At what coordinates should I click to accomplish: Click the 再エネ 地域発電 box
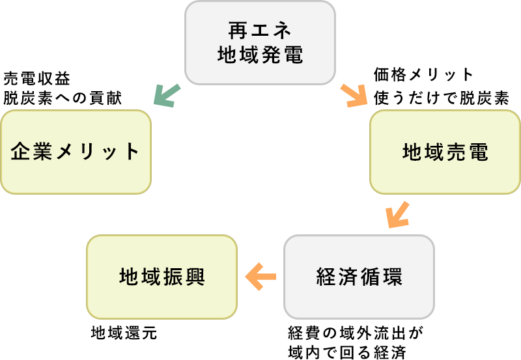point(260,42)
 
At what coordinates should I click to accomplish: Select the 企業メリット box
point(76,152)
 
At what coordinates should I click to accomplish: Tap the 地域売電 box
point(445,152)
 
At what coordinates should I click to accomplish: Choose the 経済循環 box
point(359,277)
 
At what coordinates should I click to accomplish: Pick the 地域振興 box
point(162,277)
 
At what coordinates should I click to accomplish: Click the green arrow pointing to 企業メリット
point(166,96)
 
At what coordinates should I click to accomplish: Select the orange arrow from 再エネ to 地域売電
point(354,96)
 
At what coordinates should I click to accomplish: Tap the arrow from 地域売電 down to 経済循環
point(397,214)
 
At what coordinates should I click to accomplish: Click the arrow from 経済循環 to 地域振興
point(260,277)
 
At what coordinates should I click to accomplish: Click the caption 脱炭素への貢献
point(63,98)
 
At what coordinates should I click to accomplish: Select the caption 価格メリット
point(423,74)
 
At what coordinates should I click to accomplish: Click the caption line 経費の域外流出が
point(356,333)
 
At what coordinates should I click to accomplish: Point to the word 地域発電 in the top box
point(260,55)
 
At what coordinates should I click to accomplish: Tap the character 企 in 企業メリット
point(21,152)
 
